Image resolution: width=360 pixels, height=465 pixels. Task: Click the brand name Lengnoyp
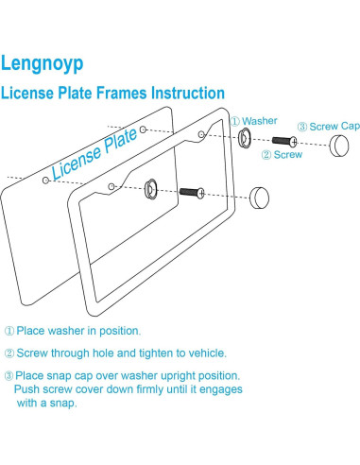click(43, 64)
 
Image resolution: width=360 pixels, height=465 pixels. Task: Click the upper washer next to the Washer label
click(244, 138)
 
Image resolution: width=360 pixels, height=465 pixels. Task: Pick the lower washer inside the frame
click(150, 189)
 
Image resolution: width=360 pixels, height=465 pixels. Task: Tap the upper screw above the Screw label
click(284, 141)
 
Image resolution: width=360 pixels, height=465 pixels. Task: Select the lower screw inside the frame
click(192, 192)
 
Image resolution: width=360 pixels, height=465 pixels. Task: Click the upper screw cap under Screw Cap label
click(339, 146)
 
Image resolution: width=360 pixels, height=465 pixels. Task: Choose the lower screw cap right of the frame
click(259, 198)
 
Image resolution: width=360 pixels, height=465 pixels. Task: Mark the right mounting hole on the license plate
click(143, 129)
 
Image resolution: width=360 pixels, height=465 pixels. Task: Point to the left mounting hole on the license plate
click(46, 181)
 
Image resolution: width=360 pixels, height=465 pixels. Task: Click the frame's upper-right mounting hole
click(201, 135)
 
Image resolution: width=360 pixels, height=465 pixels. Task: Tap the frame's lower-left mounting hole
click(111, 186)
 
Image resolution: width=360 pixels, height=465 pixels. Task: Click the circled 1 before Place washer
click(9, 331)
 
